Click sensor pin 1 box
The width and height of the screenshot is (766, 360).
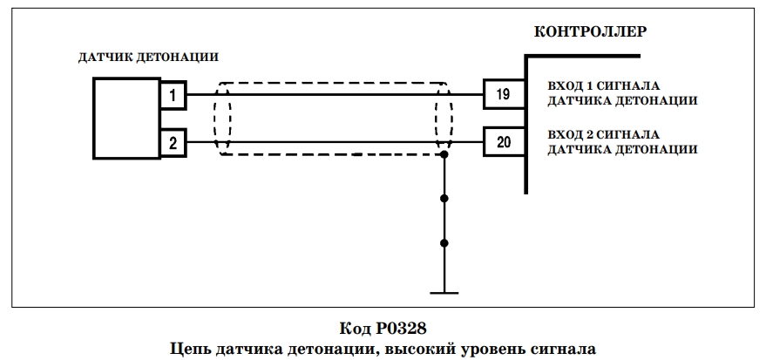pos(173,95)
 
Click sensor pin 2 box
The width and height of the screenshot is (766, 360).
pos(173,144)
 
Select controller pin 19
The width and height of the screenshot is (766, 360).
pos(504,94)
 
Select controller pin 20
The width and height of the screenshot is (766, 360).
pos(504,142)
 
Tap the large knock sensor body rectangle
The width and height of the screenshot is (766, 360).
pos(126,119)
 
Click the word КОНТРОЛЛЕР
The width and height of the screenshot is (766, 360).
pos(590,31)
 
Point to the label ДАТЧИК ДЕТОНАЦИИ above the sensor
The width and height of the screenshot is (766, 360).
pos(148,58)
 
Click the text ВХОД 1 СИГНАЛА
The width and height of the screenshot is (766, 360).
pos(604,86)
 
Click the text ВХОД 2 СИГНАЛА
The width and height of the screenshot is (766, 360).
pos(604,134)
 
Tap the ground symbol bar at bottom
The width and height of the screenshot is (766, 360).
pos(444,293)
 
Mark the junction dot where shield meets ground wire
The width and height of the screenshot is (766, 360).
pos(444,155)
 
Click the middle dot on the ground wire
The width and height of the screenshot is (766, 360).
pos(444,199)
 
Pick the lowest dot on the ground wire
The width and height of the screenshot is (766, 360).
pos(444,243)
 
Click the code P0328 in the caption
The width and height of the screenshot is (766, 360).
pos(402,329)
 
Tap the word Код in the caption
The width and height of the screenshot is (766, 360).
pos(356,329)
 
